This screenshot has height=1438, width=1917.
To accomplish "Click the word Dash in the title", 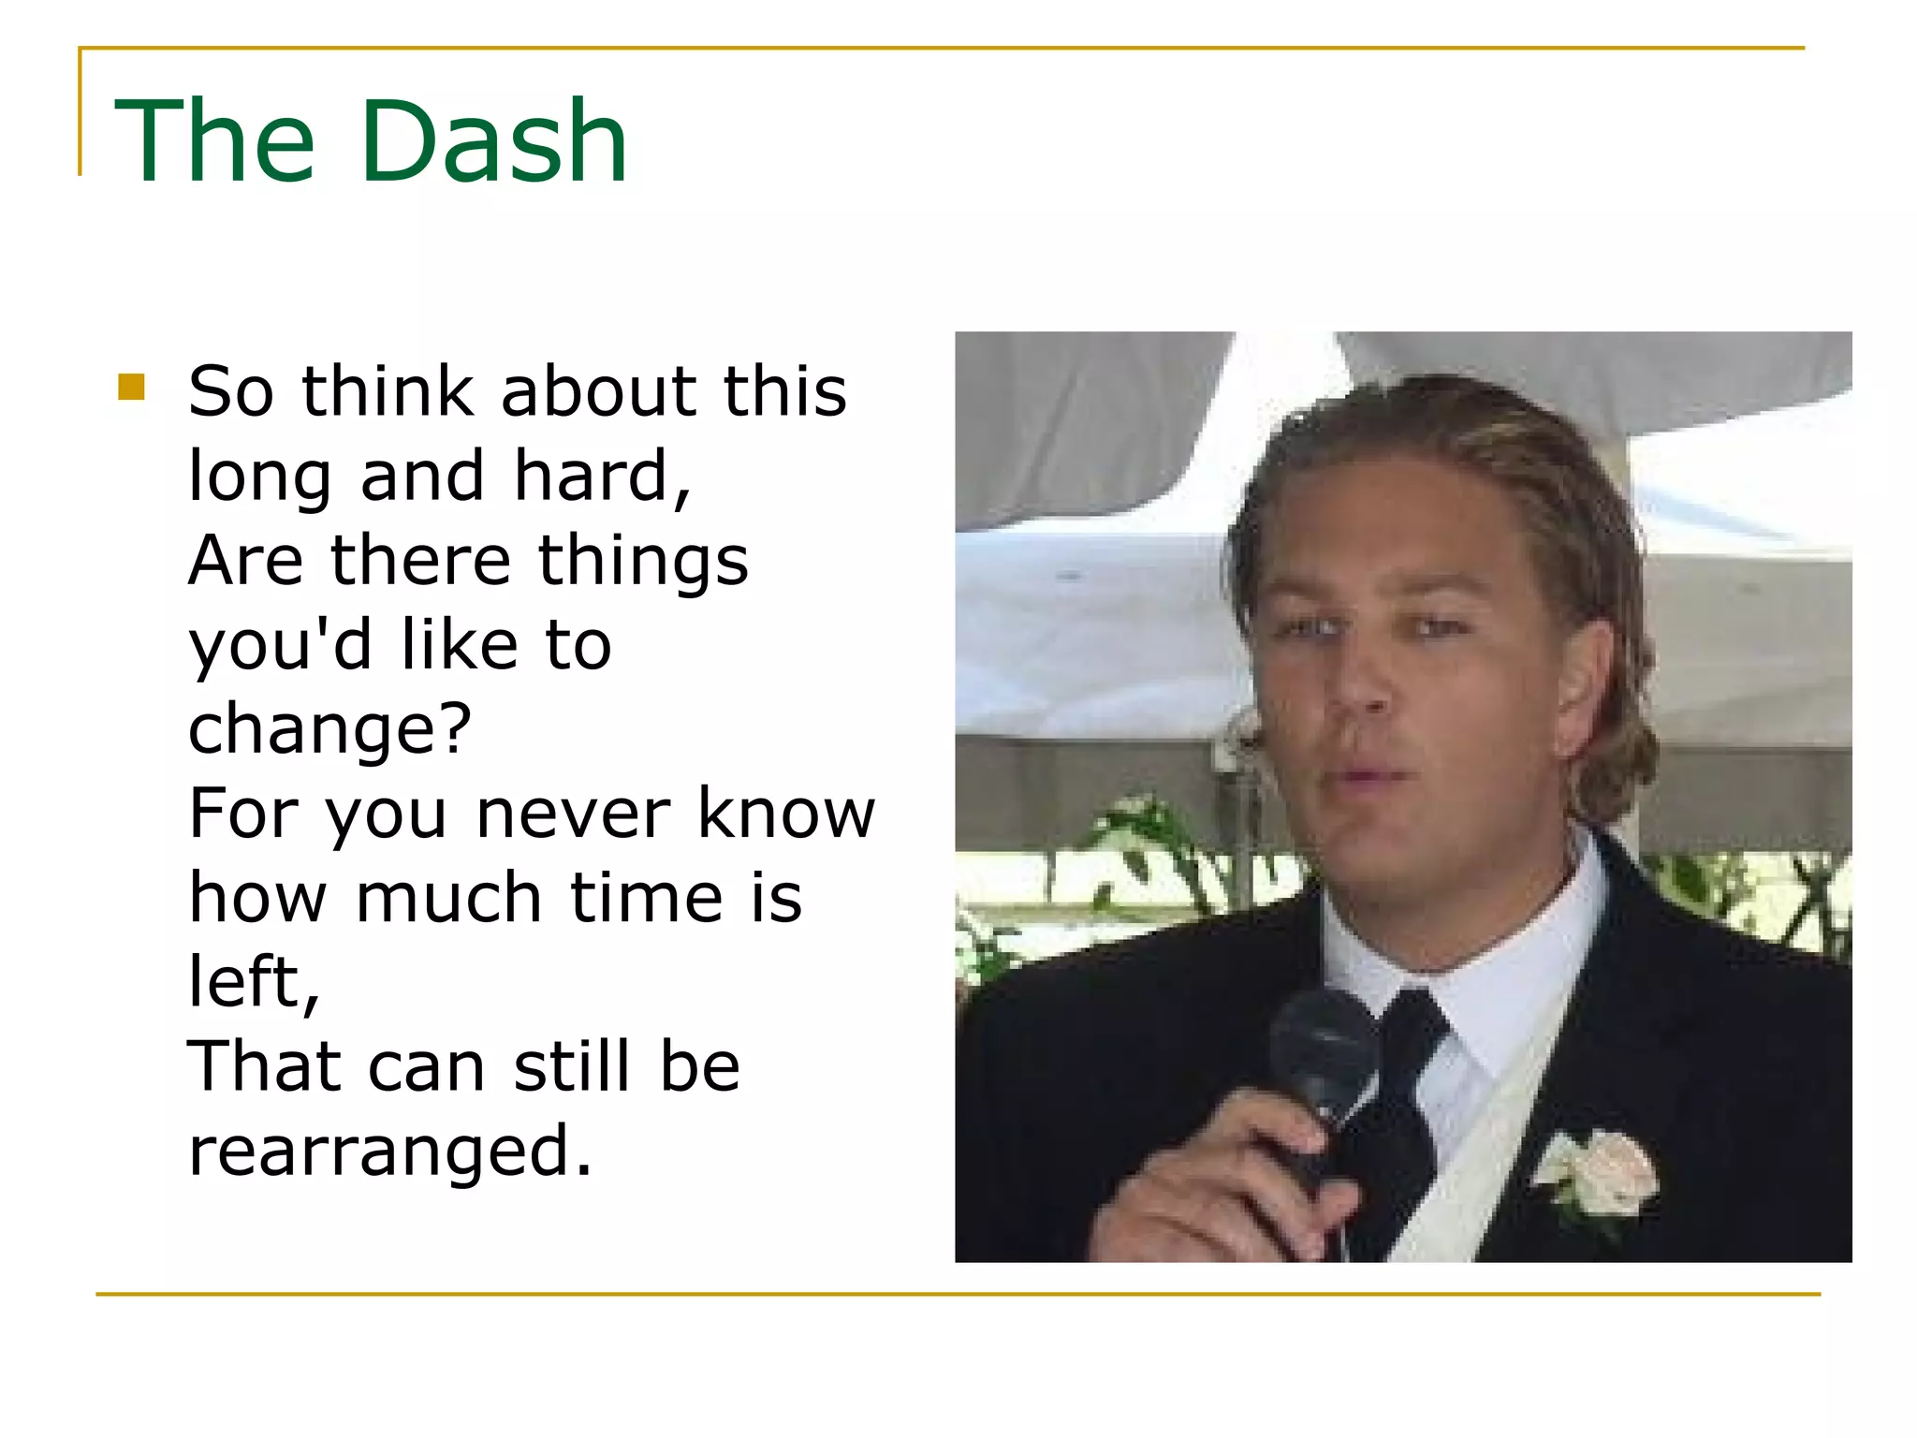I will (x=493, y=142).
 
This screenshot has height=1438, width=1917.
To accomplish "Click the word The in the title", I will (x=214, y=142).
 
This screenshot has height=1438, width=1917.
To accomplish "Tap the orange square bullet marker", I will (x=132, y=387).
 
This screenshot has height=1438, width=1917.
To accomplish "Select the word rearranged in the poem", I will (x=390, y=1152).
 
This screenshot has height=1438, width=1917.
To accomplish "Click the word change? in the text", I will (x=329, y=729).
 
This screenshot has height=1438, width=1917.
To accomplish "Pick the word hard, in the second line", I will (x=602, y=476).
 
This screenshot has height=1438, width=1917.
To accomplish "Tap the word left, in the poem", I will (x=254, y=982).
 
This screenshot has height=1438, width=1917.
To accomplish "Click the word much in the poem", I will (x=448, y=898).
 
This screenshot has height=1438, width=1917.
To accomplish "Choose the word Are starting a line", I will (x=245, y=560).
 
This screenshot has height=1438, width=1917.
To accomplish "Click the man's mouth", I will (x=1368, y=775).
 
